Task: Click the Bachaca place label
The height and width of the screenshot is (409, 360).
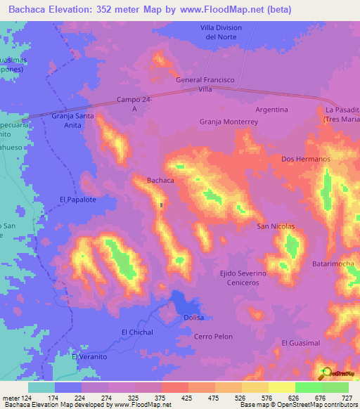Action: pos(160,181)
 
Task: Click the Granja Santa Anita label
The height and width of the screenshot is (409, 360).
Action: pos(72,120)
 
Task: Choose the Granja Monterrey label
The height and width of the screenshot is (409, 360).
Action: pos(229,122)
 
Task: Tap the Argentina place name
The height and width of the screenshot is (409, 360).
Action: pos(271,110)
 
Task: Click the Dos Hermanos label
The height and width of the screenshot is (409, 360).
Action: pos(305,160)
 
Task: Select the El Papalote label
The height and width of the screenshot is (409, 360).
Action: pos(77,200)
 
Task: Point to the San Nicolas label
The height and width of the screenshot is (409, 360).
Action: pos(275,226)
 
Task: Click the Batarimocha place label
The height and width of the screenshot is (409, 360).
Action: pos(334,264)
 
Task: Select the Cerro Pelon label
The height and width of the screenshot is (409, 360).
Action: pos(213,337)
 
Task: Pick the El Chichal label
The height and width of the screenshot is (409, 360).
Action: pos(137,332)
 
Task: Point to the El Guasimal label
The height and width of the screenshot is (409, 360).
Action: pos(300,342)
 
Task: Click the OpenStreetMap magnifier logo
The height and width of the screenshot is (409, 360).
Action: pos(326,372)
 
